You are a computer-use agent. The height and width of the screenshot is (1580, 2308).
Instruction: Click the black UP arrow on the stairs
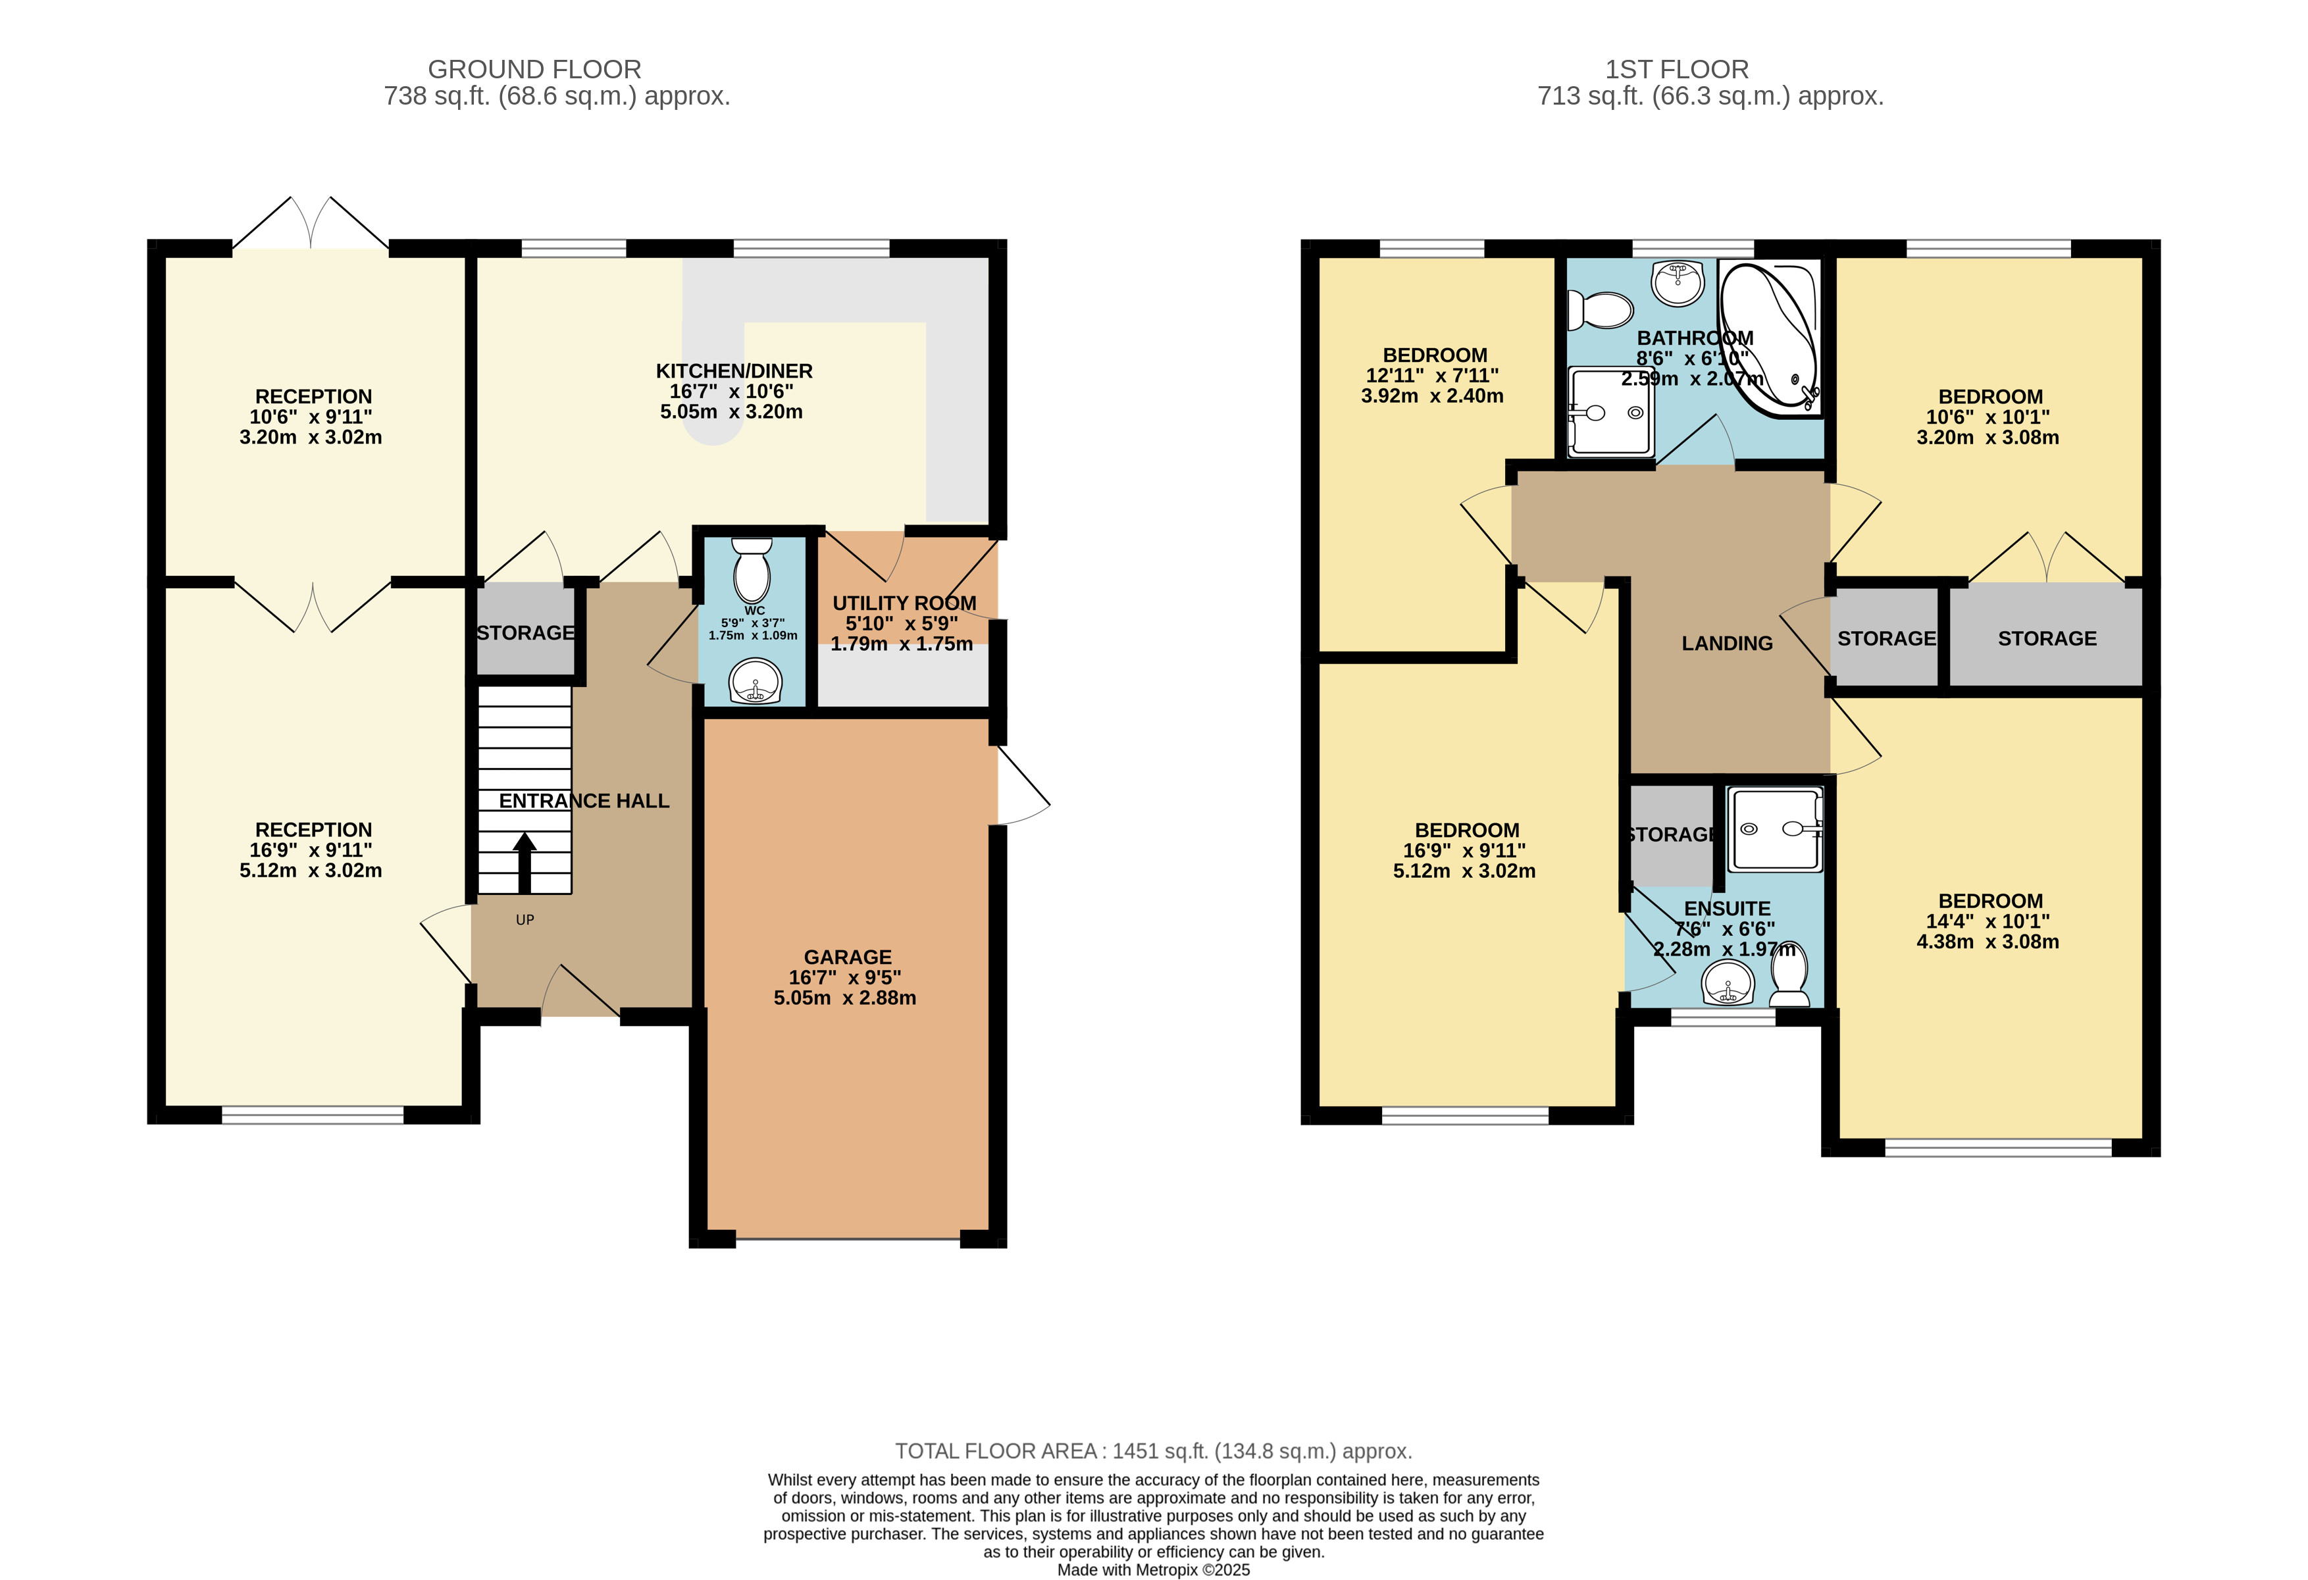(525, 862)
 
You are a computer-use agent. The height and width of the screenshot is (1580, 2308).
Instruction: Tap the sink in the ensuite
(1728, 985)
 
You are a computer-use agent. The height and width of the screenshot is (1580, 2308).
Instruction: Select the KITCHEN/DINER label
(734, 371)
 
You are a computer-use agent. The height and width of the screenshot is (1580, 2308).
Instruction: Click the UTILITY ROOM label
(904, 603)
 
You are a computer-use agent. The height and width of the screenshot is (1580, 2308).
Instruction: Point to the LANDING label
(1727, 644)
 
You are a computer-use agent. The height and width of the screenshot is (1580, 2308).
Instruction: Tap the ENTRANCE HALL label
(584, 800)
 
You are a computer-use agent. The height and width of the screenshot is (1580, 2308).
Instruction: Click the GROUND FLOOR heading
(534, 70)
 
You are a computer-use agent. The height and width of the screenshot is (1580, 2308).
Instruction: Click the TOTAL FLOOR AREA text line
(1153, 1451)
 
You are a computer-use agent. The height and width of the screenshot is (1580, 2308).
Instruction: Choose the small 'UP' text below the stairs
(525, 919)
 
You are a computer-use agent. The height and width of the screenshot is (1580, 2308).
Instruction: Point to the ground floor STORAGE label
(525, 632)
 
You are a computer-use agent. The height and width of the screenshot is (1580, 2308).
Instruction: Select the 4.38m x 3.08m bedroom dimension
(1987, 942)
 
